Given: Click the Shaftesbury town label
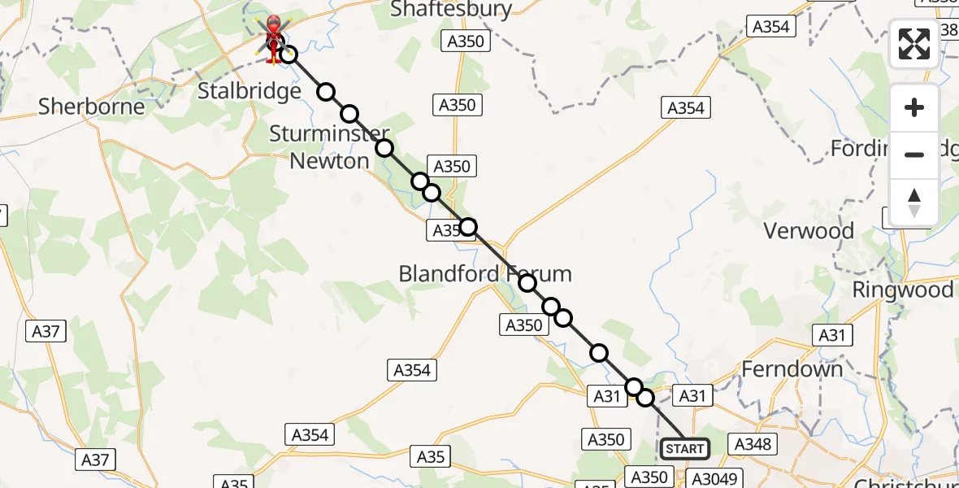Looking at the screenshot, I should [451, 10].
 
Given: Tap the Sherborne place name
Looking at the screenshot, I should [92, 107].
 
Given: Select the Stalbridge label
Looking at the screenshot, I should [250, 91].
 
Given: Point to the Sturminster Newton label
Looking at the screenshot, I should [329, 147].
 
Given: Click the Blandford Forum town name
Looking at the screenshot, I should [484, 274].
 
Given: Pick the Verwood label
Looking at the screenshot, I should [809, 231].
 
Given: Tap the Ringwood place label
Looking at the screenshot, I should [902, 290].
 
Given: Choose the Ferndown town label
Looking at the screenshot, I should [792, 369].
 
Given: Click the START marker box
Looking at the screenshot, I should [684, 449].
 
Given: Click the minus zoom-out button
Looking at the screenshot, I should [914, 155].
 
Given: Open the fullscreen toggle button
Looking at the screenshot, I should [914, 44].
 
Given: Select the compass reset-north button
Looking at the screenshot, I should [914, 203].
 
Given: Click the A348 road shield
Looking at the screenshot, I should [753, 444].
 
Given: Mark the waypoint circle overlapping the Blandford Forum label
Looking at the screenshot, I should [527, 283].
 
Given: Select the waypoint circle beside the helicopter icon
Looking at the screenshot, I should [288, 55].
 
